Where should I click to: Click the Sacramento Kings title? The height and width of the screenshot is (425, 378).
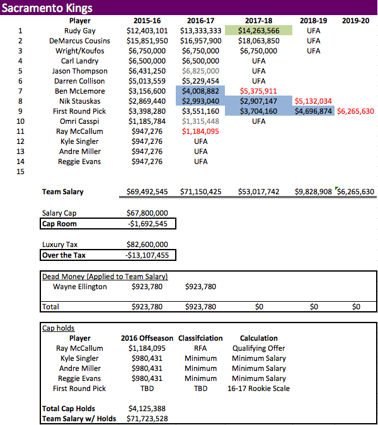(47, 8)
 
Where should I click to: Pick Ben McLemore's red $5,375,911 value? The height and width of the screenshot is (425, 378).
(258, 91)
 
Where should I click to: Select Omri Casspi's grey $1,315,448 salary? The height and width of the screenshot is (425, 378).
(200, 121)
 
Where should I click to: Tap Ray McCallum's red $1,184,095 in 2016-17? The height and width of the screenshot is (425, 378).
(200, 131)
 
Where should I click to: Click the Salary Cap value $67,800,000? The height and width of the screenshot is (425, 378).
(147, 213)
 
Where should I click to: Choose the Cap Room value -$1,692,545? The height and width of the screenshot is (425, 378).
(147, 223)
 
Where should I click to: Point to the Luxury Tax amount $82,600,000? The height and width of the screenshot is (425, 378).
(147, 245)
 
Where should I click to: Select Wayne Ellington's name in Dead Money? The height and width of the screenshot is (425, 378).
(80, 287)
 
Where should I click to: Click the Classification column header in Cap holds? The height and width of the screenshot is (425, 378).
(200, 338)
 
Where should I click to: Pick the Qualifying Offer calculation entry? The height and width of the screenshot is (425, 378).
(258, 348)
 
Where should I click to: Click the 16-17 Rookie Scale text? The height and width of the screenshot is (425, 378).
(258, 389)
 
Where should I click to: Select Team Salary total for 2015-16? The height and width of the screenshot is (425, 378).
(147, 192)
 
